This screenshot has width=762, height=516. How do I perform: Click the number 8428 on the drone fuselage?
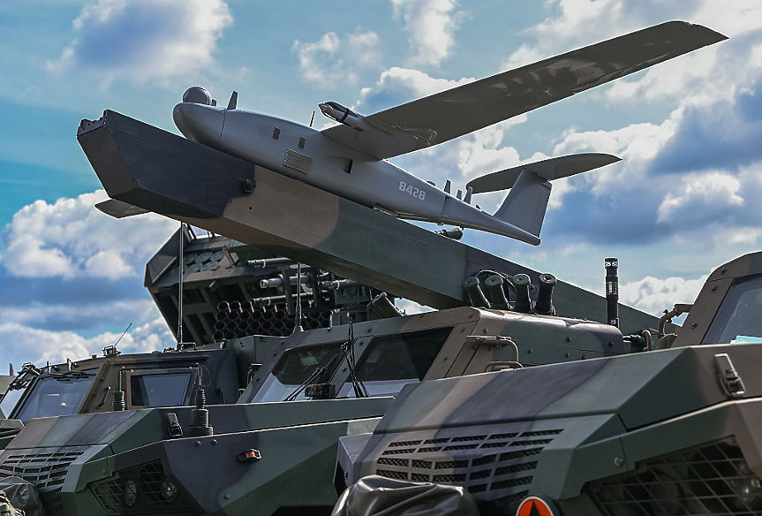412,191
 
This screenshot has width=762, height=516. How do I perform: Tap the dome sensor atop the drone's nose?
197,95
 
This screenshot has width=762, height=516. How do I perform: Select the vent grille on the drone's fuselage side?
297,162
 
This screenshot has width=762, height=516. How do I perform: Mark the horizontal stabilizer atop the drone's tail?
543,171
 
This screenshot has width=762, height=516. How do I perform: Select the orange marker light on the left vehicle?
249,455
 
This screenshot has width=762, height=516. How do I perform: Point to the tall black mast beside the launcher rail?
612,292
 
